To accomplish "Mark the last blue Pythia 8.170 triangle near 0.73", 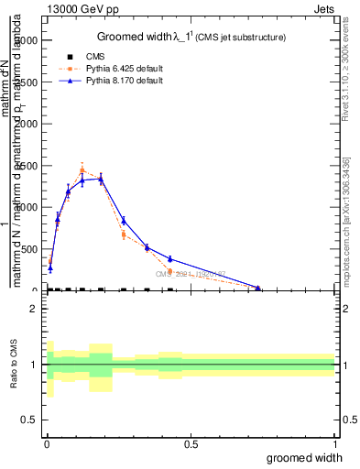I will click(x=258, y=288).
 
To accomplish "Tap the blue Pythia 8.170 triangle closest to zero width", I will click(x=50, y=268).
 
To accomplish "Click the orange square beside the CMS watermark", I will click(x=170, y=271).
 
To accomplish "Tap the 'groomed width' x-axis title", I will click(x=306, y=457).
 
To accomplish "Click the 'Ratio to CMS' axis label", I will click(x=14, y=365).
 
